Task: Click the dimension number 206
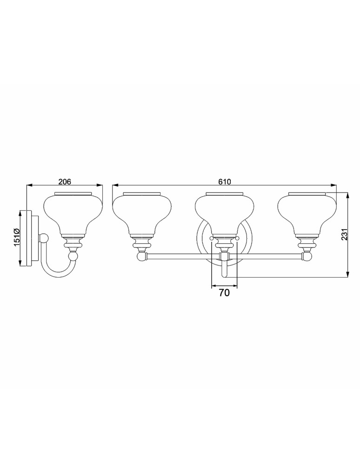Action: (65, 182)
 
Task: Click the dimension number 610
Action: (225, 182)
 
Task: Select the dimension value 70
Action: (225, 292)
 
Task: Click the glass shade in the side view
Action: (73, 212)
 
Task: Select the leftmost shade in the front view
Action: (142, 212)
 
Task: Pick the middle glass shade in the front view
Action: (225, 212)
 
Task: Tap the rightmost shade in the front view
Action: (307, 212)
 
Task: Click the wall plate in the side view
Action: (31, 239)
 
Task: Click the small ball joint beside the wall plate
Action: (44, 239)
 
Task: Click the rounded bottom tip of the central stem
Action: (225, 275)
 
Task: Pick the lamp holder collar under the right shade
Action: (307, 242)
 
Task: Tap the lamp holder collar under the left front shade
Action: (142, 242)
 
